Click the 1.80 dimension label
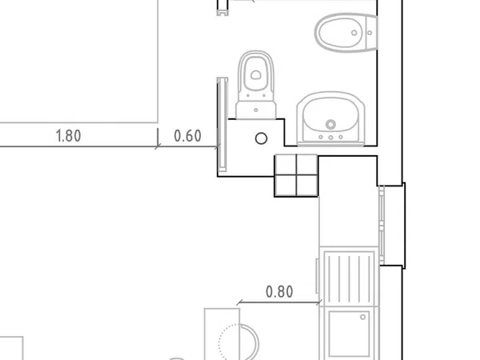point(69,136)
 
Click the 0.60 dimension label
point(188,136)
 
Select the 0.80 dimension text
point(279,292)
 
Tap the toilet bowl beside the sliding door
point(256,74)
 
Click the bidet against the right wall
point(346,33)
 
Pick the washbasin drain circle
point(330,124)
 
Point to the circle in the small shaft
point(261,138)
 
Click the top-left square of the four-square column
point(286,165)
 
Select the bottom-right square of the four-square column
point(307,186)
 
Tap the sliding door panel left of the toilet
point(222,124)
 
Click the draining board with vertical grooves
point(349,277)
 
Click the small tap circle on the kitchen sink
point(362,317)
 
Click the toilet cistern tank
point(256,110)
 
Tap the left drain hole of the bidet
point(354,33)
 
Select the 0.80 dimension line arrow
point(279,302)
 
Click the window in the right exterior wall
point(382,226)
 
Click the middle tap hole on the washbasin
point(330,138)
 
